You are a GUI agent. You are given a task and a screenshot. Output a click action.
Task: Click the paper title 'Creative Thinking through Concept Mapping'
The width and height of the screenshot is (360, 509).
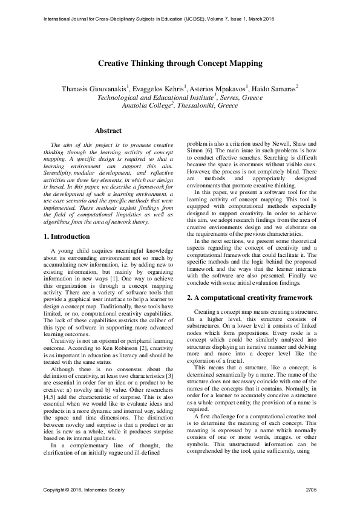[x=180, y=63]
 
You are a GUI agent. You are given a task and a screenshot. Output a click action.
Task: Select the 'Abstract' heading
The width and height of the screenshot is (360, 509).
[x=108, y=131]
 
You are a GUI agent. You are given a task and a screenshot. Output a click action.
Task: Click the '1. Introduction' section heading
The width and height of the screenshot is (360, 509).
[x=68, y=236]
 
